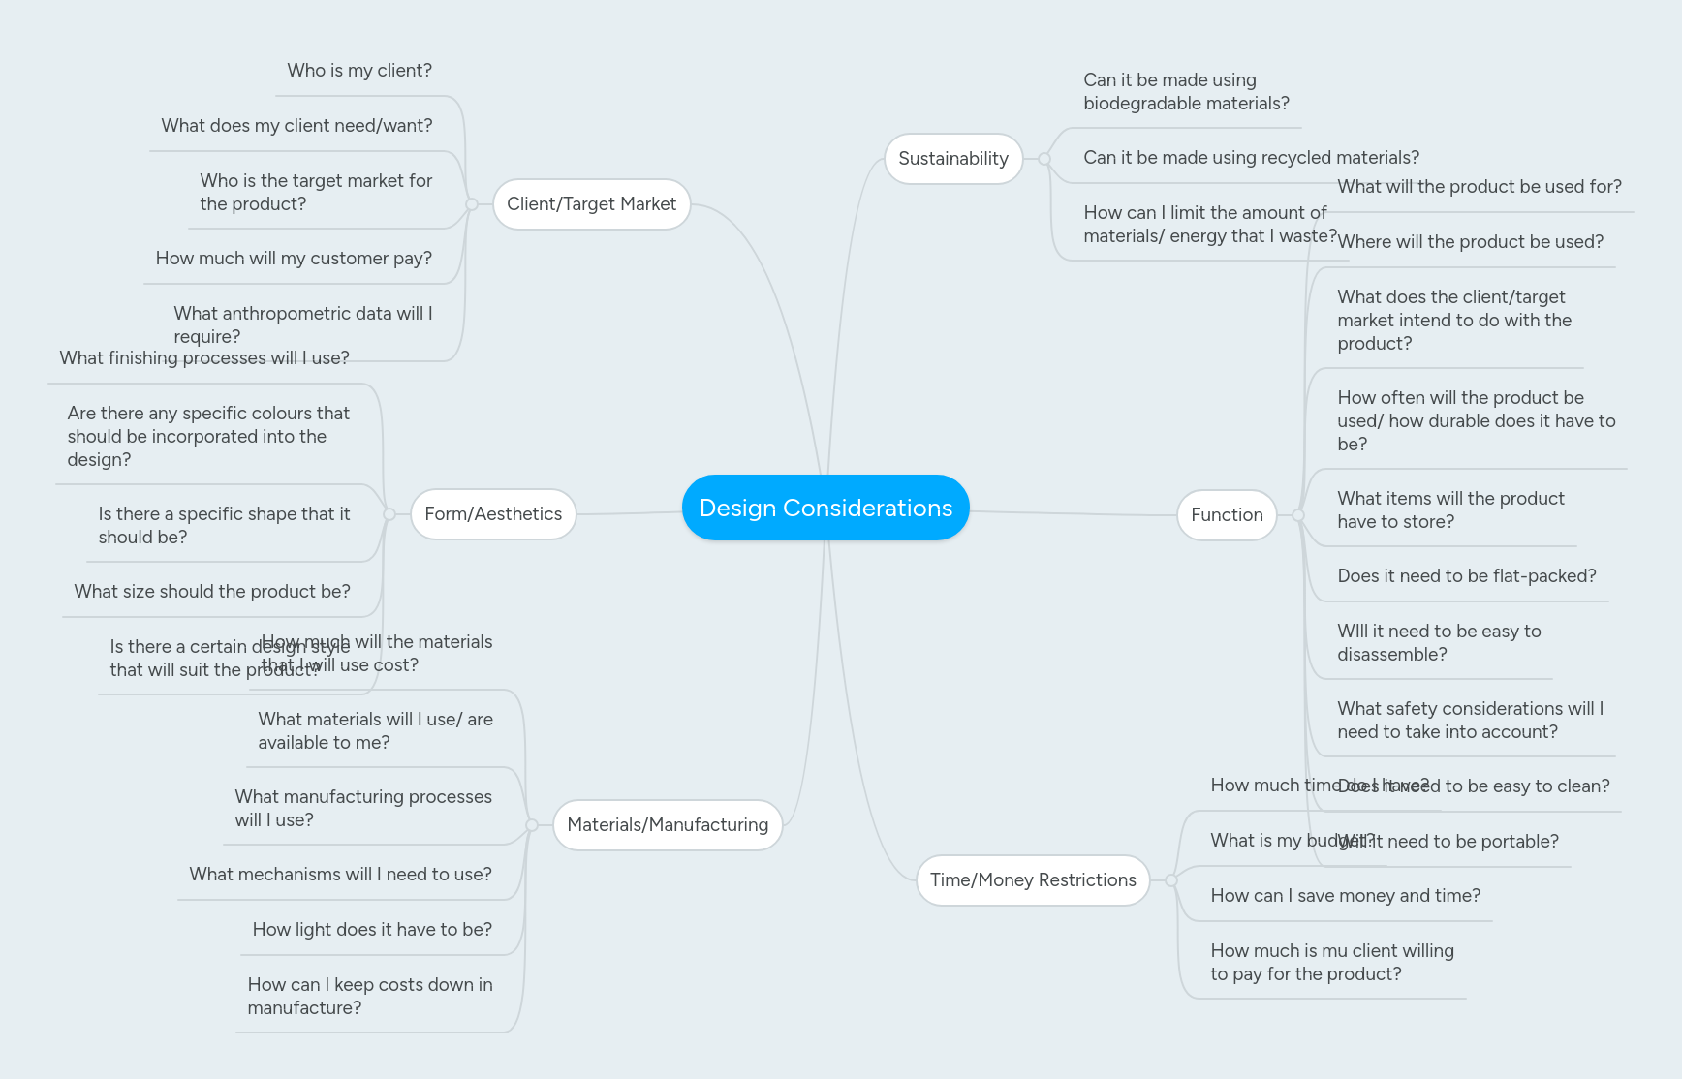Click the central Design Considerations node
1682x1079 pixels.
(x=825, y=508)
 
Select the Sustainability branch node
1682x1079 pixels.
(x=952, y=159)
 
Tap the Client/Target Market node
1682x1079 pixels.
(x=591, y=204)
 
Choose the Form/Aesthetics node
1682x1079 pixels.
(x=492, y=514)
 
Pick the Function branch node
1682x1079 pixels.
(x=1226, y=515)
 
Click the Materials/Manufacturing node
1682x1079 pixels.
(x=667, y=825)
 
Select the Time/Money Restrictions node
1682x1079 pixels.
(x=1032, y=880)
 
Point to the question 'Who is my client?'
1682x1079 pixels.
(x=358, y=71)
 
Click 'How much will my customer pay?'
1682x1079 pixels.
(x=293, y=259)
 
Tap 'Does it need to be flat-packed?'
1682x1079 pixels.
(x=1466, y=576)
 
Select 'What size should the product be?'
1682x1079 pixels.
(x=211, y=592)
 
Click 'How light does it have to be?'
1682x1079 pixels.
(x=371, y=930)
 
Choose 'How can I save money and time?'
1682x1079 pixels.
(x=1345, y=896)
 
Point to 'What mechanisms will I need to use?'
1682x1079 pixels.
(x=340, y=875)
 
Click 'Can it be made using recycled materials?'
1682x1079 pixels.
(x=1250, y=158)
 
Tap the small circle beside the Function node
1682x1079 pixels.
(x=1298, y=515)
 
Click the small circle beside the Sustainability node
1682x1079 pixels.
(x=1044, y=159)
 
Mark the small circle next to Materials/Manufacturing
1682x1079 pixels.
(x=532, y=825)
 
